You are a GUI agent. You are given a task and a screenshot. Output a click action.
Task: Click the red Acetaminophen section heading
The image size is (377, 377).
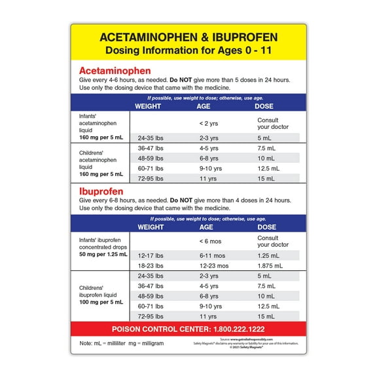click(x=115, y=71)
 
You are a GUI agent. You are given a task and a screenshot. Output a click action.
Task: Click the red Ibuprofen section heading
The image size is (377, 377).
click(x=103, y=191)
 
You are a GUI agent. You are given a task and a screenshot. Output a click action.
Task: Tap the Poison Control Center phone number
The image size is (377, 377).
click(x=188, y=329)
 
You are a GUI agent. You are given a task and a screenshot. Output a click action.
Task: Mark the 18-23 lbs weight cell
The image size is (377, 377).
click(x=150, y=266)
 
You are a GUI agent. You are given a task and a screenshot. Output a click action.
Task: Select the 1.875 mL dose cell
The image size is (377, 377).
click(x=271, y=266)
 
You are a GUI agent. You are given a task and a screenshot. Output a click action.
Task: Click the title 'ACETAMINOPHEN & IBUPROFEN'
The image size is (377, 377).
click(x=188, y=37)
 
